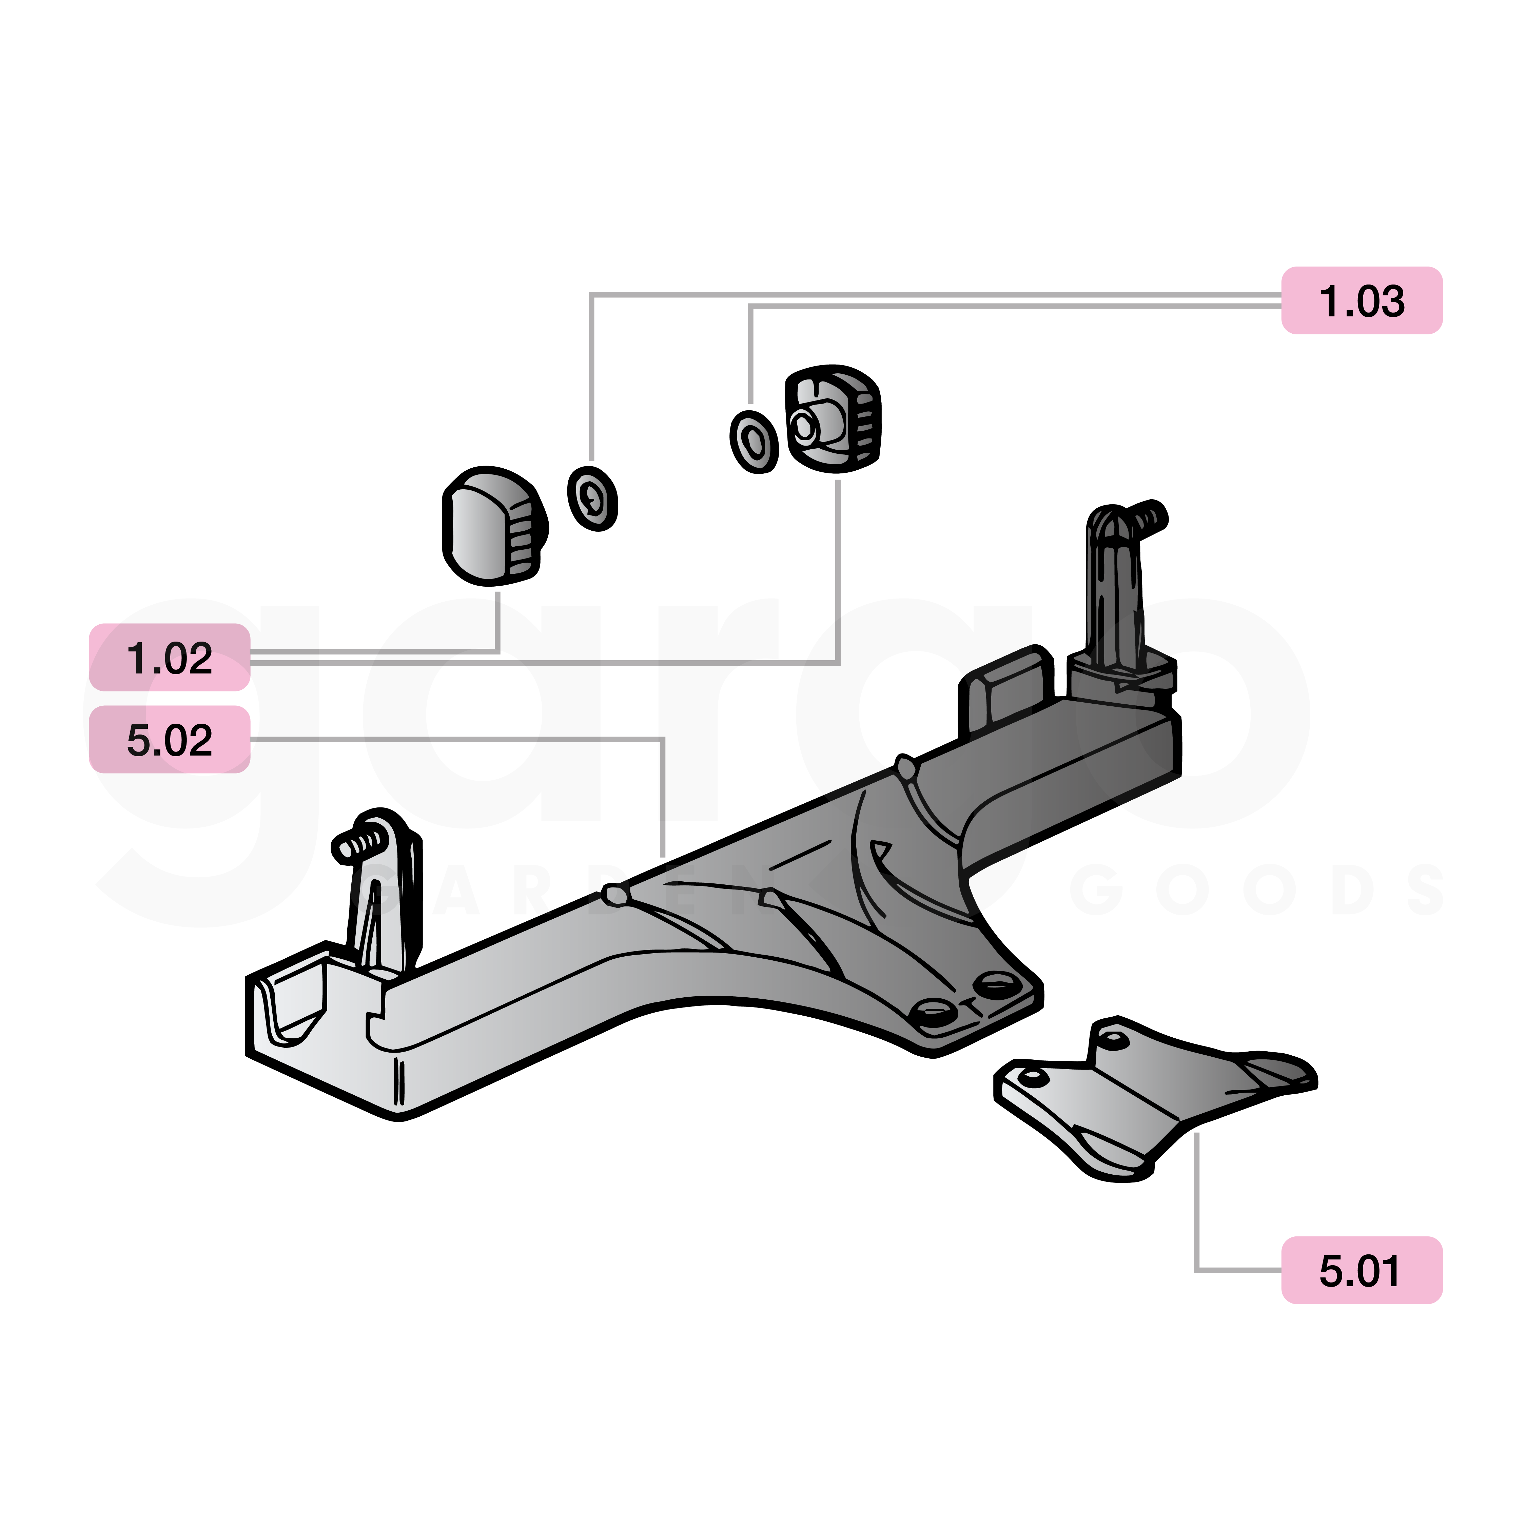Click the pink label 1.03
pyautogui.click(x=1361, y=301)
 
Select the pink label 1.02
pyautogui.click(x=170, y=658)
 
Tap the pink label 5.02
pyautogui.click(x=170, y=740)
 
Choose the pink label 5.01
pyautogui.click(x=1361, y=1271)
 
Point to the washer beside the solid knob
pyautogui.click(x=592, y=498)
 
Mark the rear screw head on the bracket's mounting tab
pyautogui.click(x=997, y=984)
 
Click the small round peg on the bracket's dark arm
pyautogui.click(x=905, y=766)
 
